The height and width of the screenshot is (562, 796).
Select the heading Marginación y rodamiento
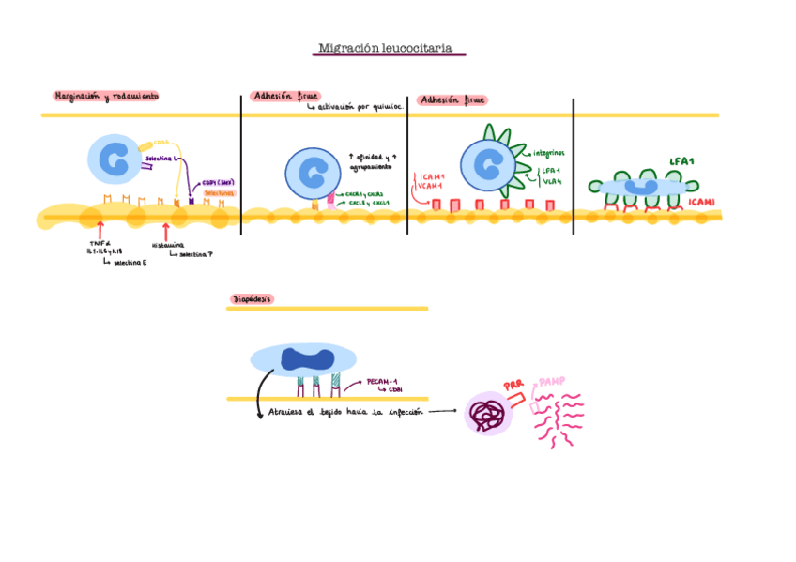[106, 96]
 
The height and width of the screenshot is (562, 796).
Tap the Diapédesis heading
[251, 299]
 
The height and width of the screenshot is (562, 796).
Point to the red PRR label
[513, 386]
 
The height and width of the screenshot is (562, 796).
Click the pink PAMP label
[552, 384]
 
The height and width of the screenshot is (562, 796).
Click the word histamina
[167, 246]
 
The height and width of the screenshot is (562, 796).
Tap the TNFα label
[99, 244]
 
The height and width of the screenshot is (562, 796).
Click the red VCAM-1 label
[431, 186]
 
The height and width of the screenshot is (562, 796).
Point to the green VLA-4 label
[552, 181]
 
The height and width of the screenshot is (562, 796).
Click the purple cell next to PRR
[488, 414]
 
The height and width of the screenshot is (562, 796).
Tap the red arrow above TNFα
[99, 228]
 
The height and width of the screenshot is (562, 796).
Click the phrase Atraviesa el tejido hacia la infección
[345, 412]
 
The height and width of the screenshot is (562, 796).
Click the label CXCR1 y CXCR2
[365, 194]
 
